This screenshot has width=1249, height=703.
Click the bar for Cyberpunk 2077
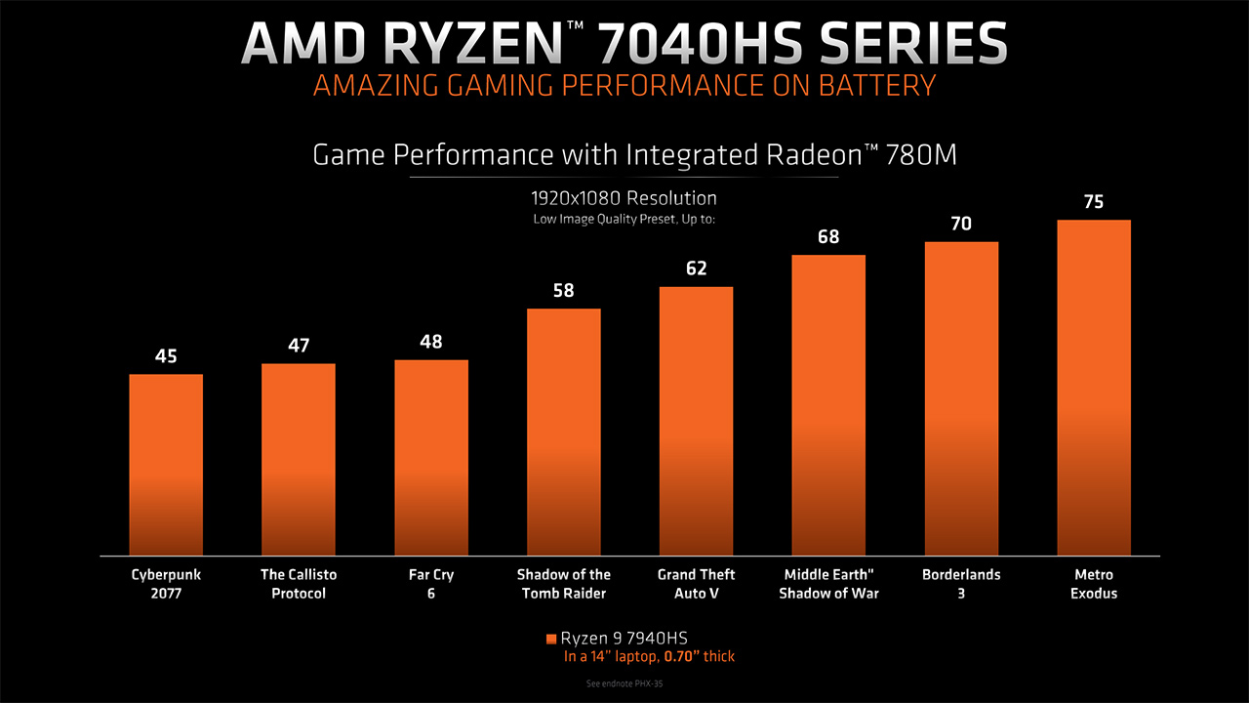[166, 465]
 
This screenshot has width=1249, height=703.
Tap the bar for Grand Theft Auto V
[696, 421]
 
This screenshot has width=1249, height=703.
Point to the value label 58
[563, 291]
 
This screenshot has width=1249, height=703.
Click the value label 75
[1094, 202]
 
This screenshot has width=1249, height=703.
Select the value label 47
[298, 347]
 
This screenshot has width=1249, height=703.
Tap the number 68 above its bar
[828, 237]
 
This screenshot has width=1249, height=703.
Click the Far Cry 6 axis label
[430, 584]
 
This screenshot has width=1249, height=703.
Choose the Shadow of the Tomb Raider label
[563, 584]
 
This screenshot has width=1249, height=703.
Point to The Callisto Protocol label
[298, 584]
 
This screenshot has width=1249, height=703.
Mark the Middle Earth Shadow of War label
[828, 584]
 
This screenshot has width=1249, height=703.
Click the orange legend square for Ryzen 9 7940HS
[551, 639]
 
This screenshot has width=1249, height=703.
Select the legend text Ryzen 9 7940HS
[630, 639]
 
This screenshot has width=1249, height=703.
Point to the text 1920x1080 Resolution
[624, 198]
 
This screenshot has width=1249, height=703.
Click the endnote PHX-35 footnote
[624, 684]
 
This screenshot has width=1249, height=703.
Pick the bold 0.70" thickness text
[679, 657]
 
